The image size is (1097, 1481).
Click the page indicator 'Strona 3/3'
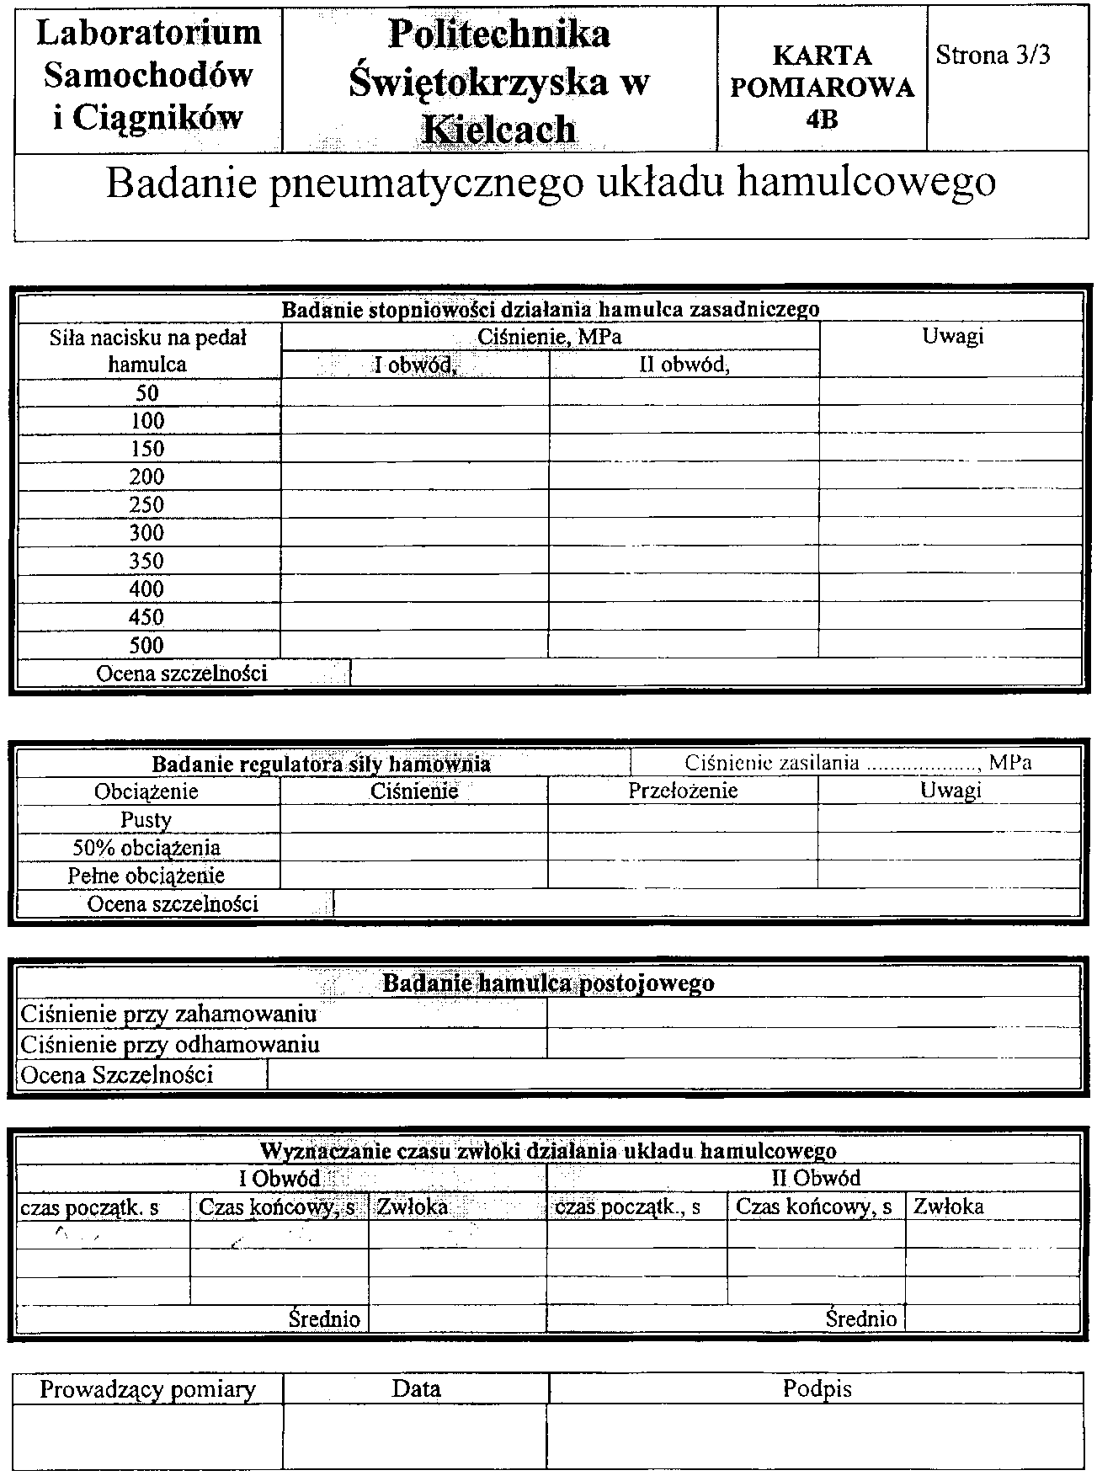coord(993,56)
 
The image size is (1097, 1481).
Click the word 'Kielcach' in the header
coord(499,129)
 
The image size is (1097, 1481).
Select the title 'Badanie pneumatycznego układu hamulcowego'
coord(551,183)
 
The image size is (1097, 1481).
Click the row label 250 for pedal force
coord(146,504)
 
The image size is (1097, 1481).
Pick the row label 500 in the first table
coord(146,645)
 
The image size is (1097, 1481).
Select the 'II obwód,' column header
coord(684,365)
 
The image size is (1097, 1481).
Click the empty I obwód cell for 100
coord(415,421)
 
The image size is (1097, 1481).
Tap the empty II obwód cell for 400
coord(684,589)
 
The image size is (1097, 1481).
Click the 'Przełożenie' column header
coord(683,791)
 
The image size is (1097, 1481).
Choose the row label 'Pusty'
coord(146,819)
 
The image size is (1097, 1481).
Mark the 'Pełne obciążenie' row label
coord(146,876)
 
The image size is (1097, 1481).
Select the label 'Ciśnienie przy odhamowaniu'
coord(170,1045)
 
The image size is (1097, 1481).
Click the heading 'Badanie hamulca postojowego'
coord(549,983)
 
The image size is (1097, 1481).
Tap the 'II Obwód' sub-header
coord(816,1178)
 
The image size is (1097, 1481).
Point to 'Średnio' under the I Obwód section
coord(324,1319)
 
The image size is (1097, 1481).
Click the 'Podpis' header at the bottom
coord(817,1388)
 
